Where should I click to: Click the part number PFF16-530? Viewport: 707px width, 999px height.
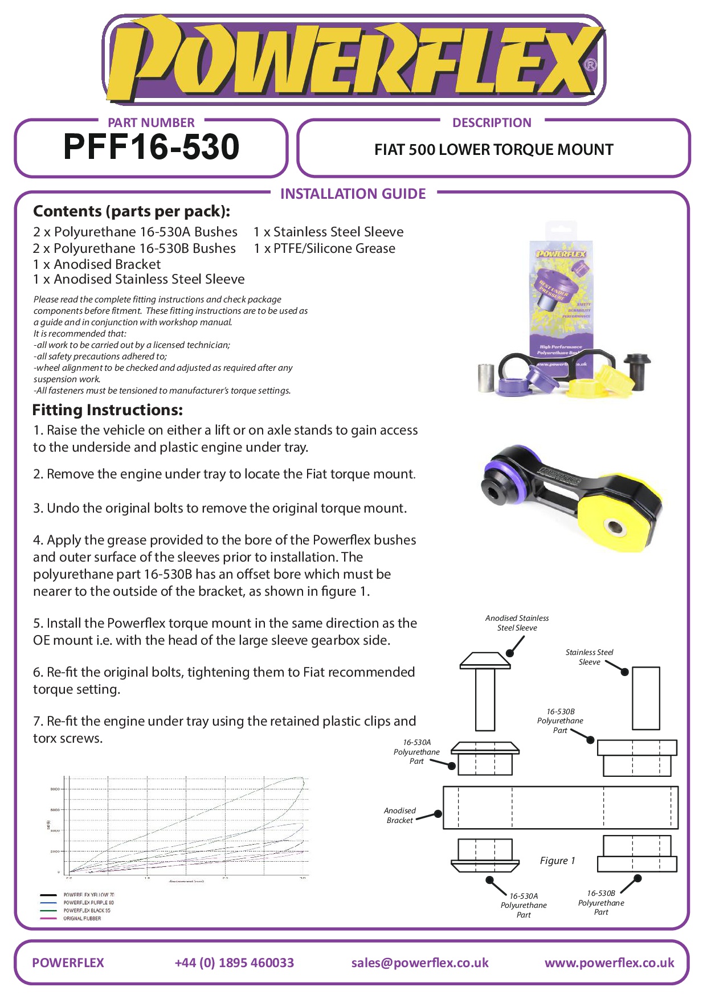151,147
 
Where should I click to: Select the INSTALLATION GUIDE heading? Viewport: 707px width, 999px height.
353,194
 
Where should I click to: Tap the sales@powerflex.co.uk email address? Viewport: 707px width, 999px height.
420,963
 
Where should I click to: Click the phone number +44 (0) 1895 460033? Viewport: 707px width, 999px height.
234,963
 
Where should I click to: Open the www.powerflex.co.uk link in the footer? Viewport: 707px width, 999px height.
609,963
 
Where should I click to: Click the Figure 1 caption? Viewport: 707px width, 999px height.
557,861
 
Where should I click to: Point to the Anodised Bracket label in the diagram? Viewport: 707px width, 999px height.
399,815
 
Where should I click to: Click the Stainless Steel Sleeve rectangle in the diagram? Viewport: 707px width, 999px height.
645,698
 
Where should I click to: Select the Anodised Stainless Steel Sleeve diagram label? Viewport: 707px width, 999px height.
517,623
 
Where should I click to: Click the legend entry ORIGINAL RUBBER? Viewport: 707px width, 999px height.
81,918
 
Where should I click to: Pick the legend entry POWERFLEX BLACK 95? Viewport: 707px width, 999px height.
86,910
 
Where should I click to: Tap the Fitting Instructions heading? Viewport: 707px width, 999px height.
108,410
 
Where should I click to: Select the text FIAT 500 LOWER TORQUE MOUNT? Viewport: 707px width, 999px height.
493,150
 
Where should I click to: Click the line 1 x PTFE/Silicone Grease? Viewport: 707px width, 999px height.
324,248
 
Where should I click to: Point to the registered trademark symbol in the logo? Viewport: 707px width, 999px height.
591,65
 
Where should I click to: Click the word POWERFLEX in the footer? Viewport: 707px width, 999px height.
68,963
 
